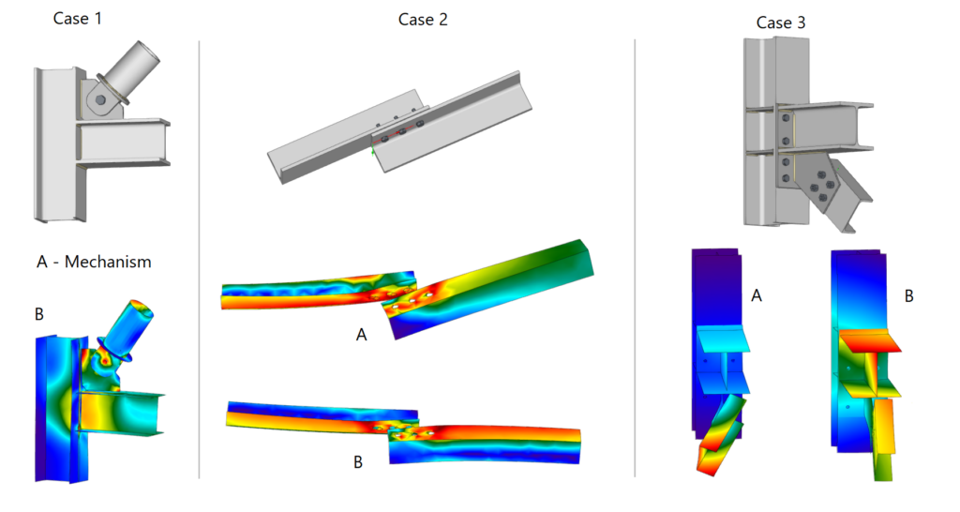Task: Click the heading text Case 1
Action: point(77,19)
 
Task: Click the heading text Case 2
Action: point(423,20)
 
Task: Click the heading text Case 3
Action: point(781,23)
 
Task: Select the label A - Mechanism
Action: point(94,263)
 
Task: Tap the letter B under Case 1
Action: point(39,314)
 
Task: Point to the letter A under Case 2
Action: point(361,335)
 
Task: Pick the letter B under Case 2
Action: point(358,461)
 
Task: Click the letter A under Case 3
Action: point(757,295)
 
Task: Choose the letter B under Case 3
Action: point(909,296)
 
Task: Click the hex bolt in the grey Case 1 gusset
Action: point(100,99)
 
